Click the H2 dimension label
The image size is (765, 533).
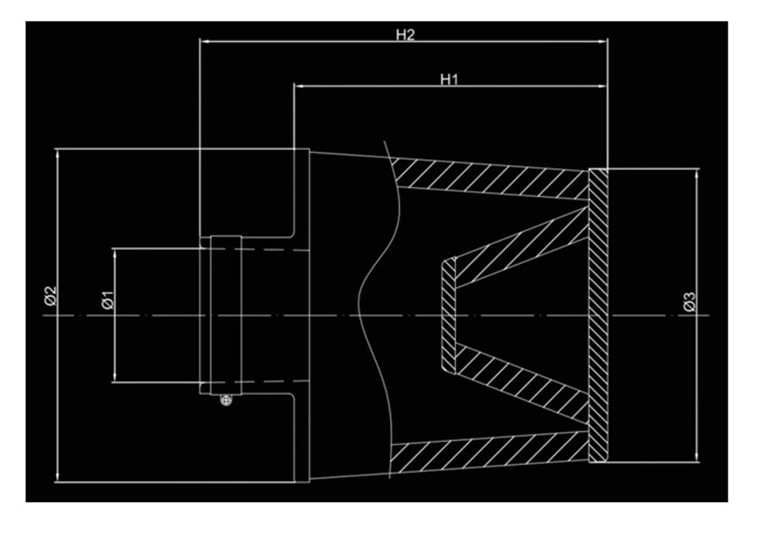click(405, 35)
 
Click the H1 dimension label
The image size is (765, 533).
click(448, 79)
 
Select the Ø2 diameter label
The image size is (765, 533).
click(50, 297)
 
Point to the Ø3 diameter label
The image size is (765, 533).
click(690, 302)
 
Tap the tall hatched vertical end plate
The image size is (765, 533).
click(598, 314)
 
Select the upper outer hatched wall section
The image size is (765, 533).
click(486, 179)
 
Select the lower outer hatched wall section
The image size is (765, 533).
click(486, 452)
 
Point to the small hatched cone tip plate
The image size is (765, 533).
click(448, 315)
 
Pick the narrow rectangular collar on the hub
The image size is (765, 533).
click(226, 314)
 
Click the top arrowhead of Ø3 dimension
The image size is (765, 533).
click(697, 173)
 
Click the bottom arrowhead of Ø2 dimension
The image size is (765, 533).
click(58, 478)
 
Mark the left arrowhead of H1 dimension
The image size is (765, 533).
click(298, 87)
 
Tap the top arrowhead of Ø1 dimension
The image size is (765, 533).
click(114, 253)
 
